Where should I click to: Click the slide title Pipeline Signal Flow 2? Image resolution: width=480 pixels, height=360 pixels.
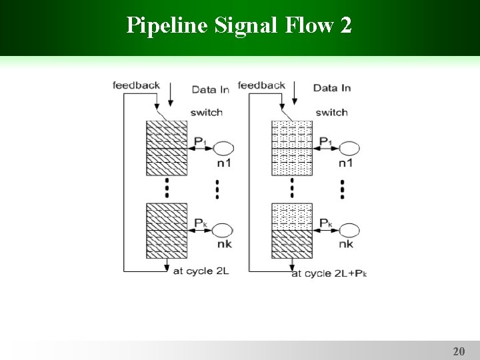pyautogui.click(x=239, y=26)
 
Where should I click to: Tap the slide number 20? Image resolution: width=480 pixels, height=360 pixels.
pyautogui.click(x=458, y=351)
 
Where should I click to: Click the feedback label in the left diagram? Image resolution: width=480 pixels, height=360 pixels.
pyautogui.click(x=136, y=85)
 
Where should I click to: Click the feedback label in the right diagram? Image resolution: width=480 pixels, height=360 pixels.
pyautogui.click(x=261, y=85)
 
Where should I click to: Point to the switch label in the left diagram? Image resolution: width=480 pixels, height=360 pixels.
pyautogui.click(x=207, y=112)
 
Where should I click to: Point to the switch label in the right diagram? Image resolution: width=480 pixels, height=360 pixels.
pyautogui.click(x=331, y=112)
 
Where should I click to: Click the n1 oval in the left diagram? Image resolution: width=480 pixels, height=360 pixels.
pyautogui.click(x=221, y=148)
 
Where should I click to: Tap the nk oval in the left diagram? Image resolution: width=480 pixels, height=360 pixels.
pyautogui.click(x=221, y=231)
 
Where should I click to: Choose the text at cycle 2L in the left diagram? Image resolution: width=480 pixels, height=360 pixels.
pyautogui.click(x=201, y=271)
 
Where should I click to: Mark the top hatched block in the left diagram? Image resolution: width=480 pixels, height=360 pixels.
pyautogui.click(x=167, y=148)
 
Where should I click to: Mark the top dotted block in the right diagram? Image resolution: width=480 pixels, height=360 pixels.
pyautogui.click(x=291, y=148)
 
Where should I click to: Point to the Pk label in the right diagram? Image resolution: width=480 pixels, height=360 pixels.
pyautogui.click(x=325, y=223)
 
